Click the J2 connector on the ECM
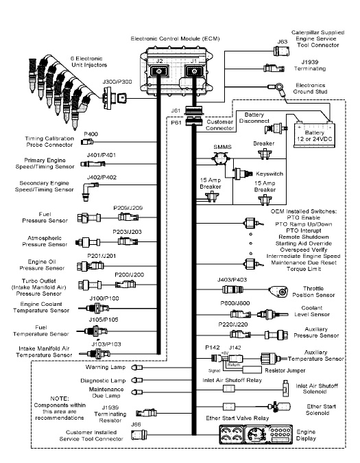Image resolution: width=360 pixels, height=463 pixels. point(159,71)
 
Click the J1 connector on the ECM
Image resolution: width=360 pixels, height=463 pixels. point(194,71)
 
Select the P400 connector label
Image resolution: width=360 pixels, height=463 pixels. point(91,134)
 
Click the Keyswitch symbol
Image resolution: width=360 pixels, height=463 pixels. point(243,174)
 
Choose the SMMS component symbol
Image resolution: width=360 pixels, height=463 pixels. point(220,158)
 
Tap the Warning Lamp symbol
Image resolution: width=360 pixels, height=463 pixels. point(138,368)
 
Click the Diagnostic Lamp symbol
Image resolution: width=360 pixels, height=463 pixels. point(137,380)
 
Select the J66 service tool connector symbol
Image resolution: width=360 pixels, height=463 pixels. point(139,434)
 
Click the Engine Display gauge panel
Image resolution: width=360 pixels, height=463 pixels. point(256,435)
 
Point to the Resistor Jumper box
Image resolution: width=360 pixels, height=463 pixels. point(250,370)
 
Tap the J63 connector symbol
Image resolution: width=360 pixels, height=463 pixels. point(281,51)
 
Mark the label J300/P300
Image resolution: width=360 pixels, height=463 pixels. point(117,82)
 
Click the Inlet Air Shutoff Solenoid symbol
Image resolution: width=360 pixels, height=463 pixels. point(285,389)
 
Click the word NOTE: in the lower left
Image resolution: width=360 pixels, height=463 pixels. point(60,399)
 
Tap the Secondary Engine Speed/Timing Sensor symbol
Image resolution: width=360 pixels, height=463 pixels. point(89,191)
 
